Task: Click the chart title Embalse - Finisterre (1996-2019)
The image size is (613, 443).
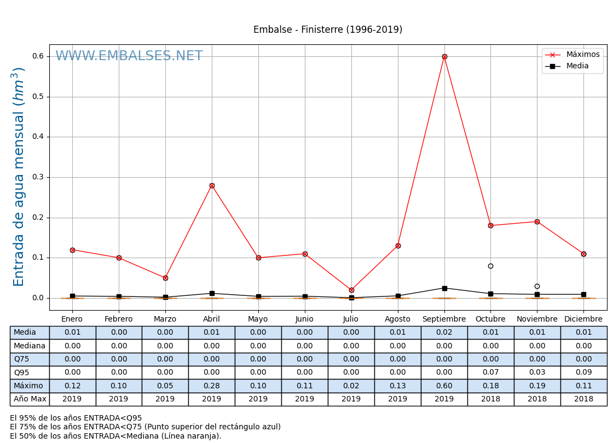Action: tap(327, 30)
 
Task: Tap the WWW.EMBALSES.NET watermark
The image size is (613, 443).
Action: tap(129, 56)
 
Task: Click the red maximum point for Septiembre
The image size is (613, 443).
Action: tap(444, 56)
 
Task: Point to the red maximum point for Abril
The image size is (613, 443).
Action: tap(212, 185)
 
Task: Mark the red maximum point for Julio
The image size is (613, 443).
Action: tap(351, 290)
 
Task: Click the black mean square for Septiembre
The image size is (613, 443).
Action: tap(444, 288)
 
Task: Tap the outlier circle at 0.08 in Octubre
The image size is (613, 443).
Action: tap(490, 266)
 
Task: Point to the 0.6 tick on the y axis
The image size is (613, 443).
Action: tap(38, 56)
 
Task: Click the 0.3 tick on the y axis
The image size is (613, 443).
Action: tap(38, 177)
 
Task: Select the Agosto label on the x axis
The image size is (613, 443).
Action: tap(398, 319)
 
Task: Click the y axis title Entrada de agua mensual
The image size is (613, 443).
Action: tap(19, 177)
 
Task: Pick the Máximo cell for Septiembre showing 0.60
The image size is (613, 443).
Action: tap(444, 386)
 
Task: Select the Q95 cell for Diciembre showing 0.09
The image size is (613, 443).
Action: tap(583, 372)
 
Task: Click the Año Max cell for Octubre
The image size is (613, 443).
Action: tap(490, 399)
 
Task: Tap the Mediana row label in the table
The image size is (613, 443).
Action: tap(30, 346)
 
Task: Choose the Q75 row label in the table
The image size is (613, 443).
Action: tap(30, 359)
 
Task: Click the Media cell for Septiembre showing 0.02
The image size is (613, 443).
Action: tap(444, 333)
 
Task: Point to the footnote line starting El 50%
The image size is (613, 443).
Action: tap(115, 436)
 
